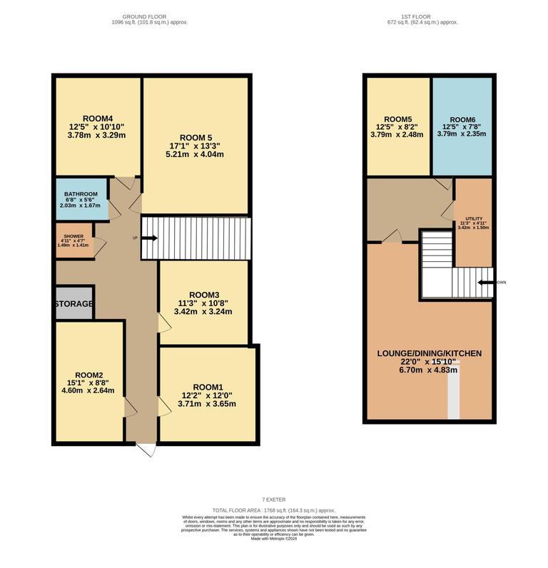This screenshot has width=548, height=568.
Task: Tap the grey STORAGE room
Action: pos(73,304)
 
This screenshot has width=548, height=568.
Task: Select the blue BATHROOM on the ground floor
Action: pos(81,199)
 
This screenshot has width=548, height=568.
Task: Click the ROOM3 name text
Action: pos(204,295)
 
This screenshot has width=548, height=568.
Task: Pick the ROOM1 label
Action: pos(208,387)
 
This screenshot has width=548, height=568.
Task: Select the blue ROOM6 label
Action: pos(462,119)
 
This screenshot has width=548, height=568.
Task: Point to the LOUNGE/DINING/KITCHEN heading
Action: pos(429,353)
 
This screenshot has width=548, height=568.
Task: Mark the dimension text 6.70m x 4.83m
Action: pos(429,370)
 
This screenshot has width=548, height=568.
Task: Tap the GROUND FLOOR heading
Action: pos(149,16)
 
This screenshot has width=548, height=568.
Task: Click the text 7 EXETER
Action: pos(273,499)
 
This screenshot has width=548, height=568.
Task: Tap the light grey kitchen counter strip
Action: pos(454,395)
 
